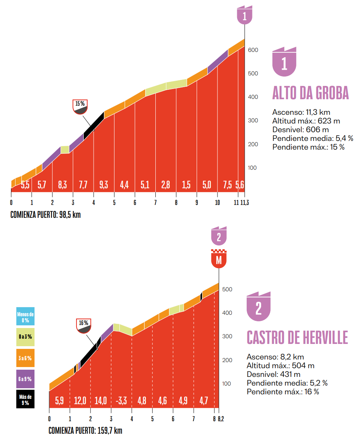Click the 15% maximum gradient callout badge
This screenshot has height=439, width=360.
80,106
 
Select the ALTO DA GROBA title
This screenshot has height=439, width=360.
310,93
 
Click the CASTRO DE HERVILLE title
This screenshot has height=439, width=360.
297,337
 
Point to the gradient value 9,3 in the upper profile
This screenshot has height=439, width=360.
103,185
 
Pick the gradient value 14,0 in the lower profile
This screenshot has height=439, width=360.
100,400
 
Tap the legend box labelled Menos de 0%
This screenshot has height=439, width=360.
25,316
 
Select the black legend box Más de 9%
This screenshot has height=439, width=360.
25,399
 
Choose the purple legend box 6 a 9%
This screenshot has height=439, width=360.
25,378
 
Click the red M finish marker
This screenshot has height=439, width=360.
219,259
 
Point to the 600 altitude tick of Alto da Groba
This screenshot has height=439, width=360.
253,50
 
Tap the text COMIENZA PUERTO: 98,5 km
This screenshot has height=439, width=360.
45,215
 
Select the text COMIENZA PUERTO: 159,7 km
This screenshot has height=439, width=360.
85,431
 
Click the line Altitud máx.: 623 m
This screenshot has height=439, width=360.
306,121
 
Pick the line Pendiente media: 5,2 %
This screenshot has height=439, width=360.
287,383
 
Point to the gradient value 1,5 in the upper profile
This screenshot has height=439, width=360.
186,185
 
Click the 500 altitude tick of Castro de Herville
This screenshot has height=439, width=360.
227,289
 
